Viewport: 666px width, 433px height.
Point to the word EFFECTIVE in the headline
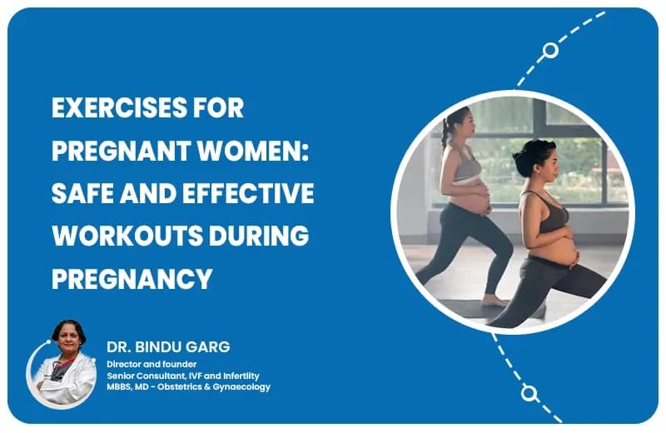(242, 193)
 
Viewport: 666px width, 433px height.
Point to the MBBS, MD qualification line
(188, 386)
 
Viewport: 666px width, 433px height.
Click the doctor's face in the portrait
(69, 338)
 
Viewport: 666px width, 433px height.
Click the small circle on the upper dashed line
(550, 50)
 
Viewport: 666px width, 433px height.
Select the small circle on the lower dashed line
(528, 392)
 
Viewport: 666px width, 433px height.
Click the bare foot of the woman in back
(496, 299)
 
